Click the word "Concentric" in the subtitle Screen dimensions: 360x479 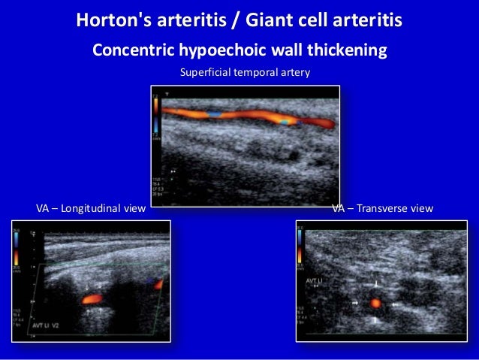click(x=132, y=51)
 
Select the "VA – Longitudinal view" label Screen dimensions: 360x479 click(x=91, y=207)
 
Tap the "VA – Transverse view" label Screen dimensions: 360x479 click(x=382, y=207)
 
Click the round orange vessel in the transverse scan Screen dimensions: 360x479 click(x=376, y=304)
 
